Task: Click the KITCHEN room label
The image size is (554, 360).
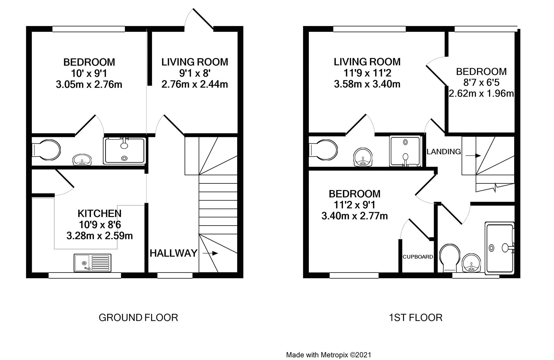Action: tap(100, 213)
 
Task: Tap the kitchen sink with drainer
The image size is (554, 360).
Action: tap(92, 263)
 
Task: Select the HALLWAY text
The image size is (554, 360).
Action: tap(173, 253)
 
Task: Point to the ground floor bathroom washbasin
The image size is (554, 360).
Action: tap(83, 160)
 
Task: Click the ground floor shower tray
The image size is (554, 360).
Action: tap(124, 151)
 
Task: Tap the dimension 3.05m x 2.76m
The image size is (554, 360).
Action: tap(89, 85)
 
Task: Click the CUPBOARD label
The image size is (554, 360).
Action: tap(418, 257)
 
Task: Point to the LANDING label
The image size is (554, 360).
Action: tap(443, 151)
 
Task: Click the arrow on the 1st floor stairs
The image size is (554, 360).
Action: tap(473, 156)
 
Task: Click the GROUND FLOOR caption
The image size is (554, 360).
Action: tap(138, 318)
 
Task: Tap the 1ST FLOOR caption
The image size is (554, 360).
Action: tap(415, 318)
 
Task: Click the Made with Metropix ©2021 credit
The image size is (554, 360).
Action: tap(328, 355)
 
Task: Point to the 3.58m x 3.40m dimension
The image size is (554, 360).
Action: tap(367, 84)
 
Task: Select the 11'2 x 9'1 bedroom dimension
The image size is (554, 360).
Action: tap(355, 205)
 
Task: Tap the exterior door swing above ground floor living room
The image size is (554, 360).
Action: tap(199, 19)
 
